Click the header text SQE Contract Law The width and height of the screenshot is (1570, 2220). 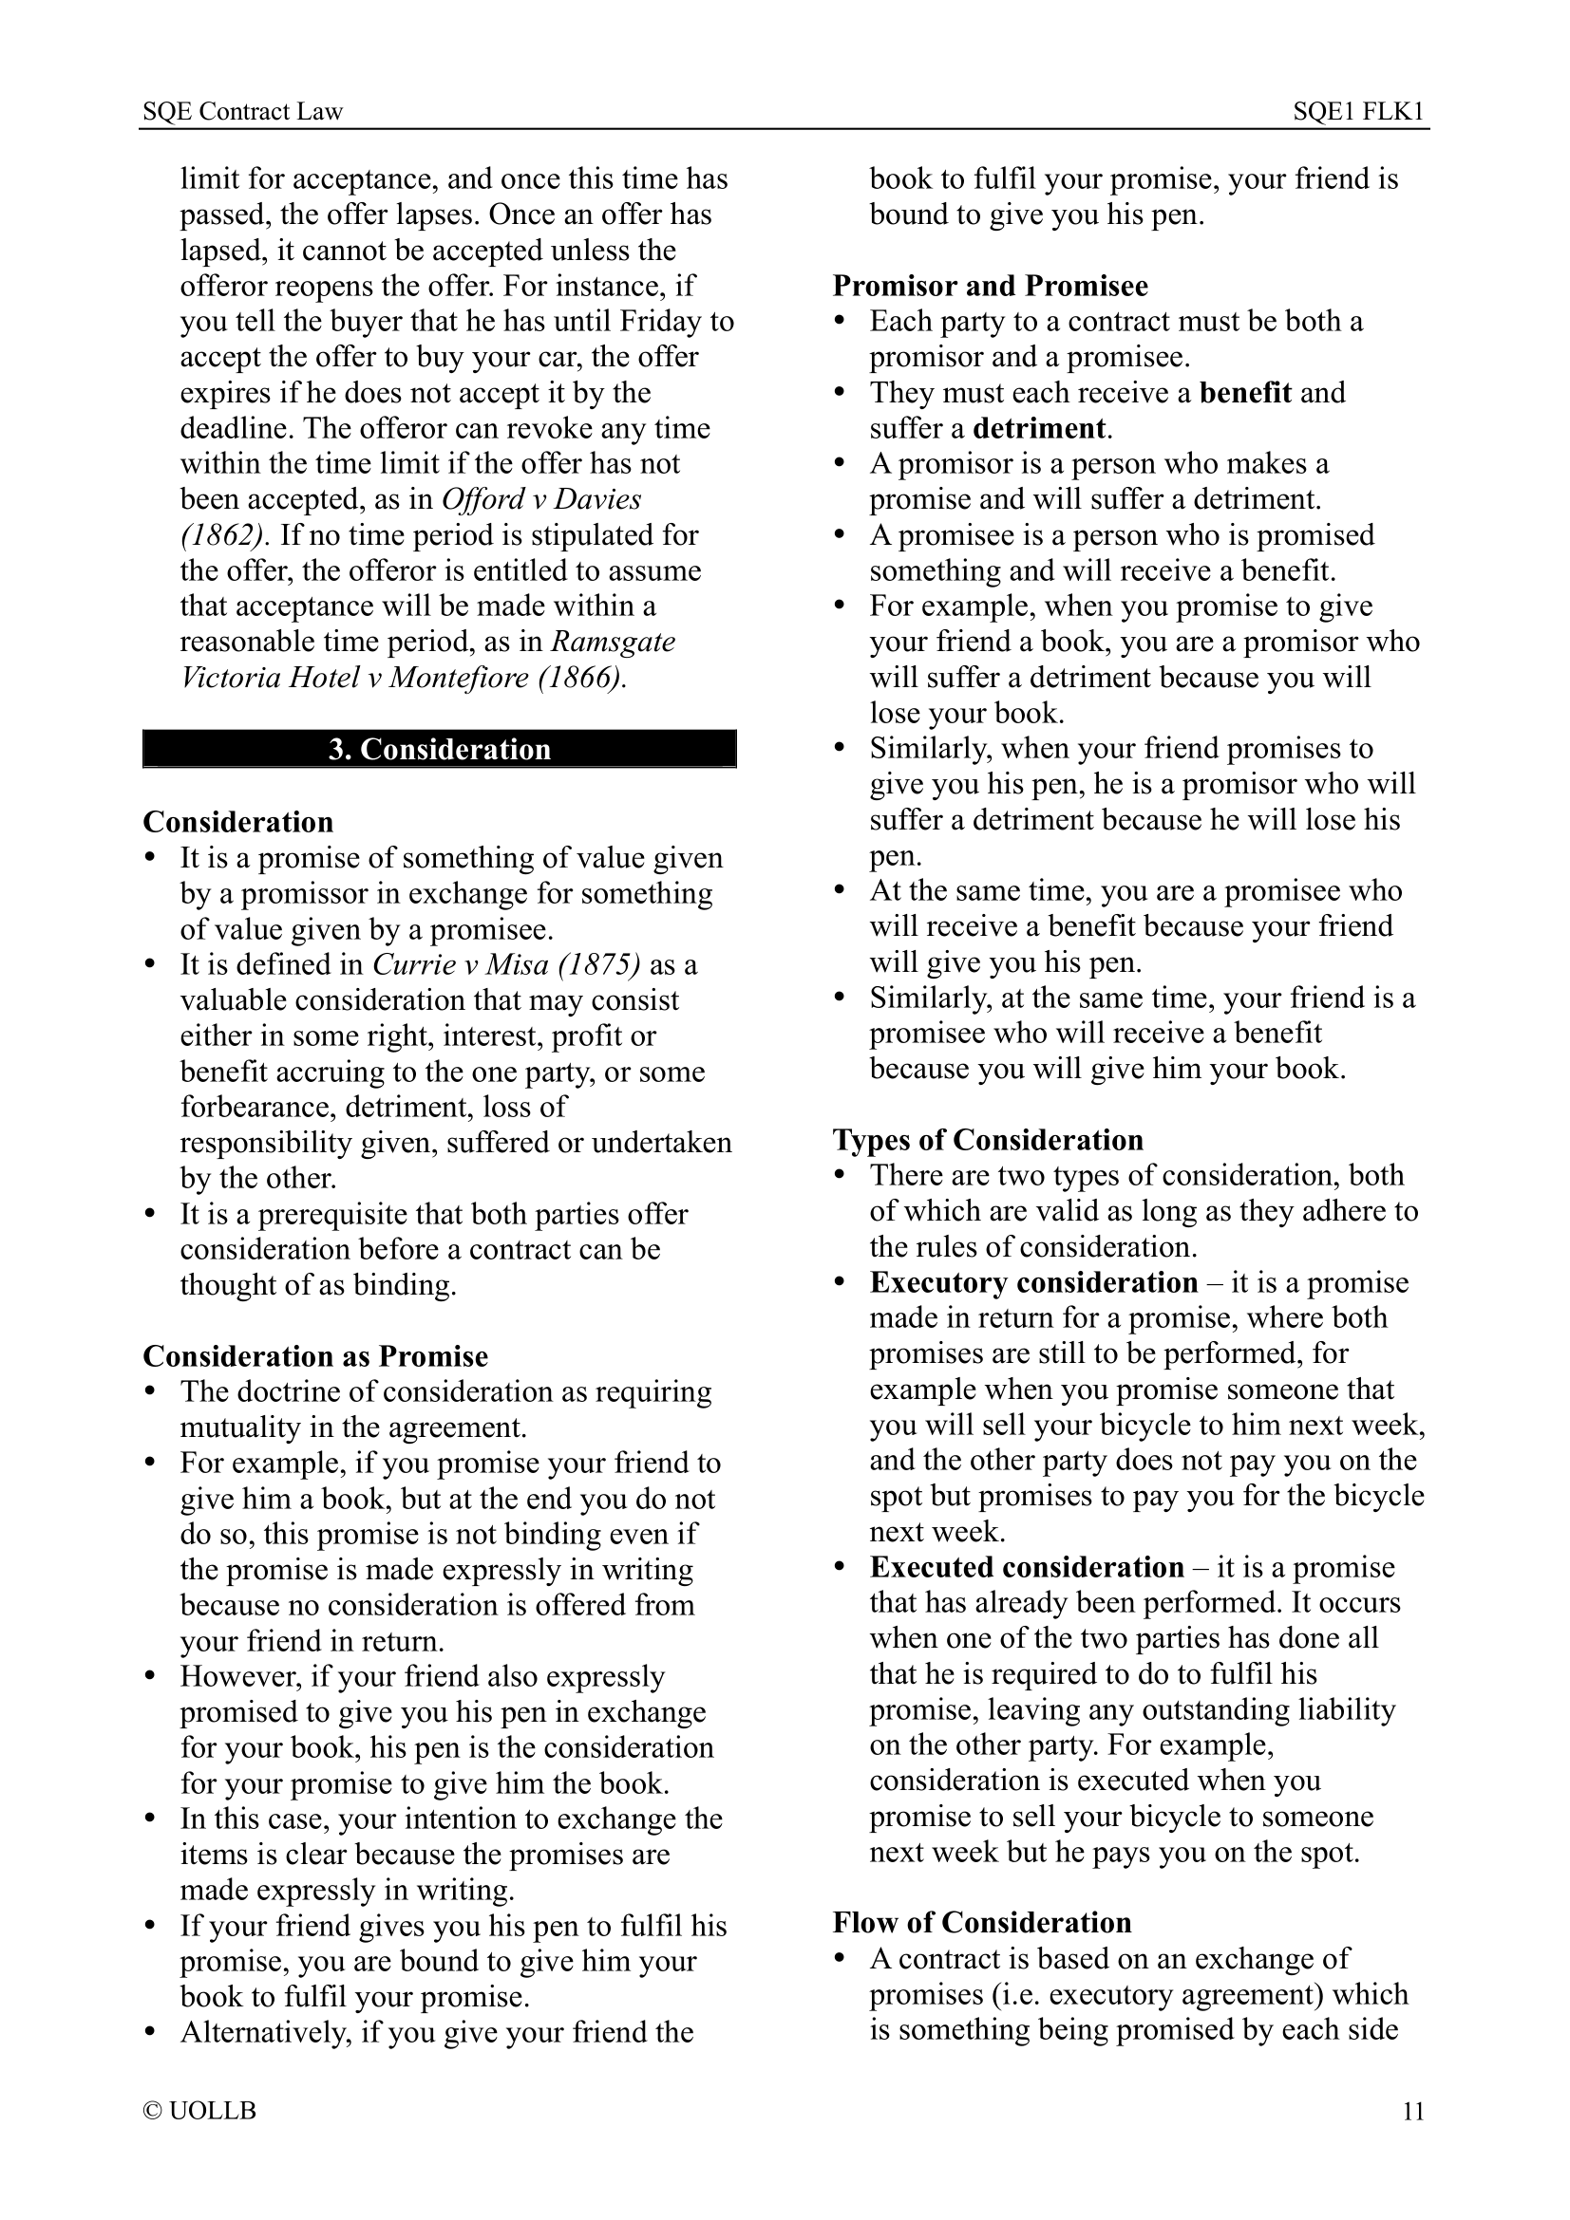click(x=242, y=112)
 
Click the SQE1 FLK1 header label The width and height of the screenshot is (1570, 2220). click(x=1359, y=112)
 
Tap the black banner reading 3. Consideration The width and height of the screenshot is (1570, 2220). click(x=439, y=750)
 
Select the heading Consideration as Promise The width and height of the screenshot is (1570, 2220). click(x=315, y=1355)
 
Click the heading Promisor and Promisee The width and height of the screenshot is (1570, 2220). click(x=991, y=287)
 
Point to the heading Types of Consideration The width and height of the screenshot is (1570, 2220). click(x=988, y=1140)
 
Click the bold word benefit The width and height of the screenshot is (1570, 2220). click(x=1245, y=393)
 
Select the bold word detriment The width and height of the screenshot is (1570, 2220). click(x=1039, y=428)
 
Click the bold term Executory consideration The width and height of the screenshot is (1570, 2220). click(x=1033, y=1282)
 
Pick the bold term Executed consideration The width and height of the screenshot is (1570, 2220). click(x=1027, y=1566)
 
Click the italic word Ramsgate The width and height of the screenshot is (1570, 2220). click(x=614, y=642)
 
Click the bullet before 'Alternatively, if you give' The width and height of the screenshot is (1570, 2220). click(x=149, y=2031)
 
